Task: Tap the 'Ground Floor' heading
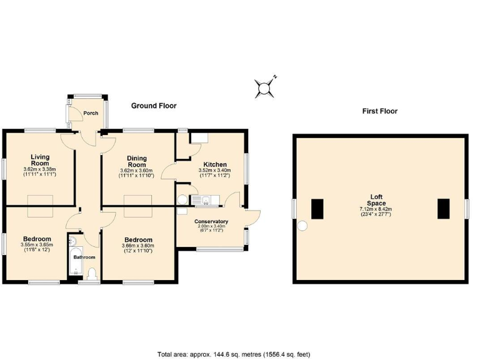[x=154, y=106]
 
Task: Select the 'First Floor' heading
[x=379, y=111]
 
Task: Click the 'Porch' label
[x=91, y=113]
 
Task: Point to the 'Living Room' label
[x=40, y=160]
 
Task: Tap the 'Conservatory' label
[x=211, y=222]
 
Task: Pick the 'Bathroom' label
[x=84, y=257]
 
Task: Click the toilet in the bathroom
[x=92, y=274]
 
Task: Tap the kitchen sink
[x=202, y=200]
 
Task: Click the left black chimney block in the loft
[x=317, y=208]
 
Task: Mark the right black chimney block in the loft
[x=444, y=208]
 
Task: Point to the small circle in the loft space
[x=302, y=226]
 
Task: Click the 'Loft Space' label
[x=376, y=200]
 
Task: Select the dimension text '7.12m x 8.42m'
[x=376, y=209]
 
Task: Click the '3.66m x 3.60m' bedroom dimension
[x=138, y=246]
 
